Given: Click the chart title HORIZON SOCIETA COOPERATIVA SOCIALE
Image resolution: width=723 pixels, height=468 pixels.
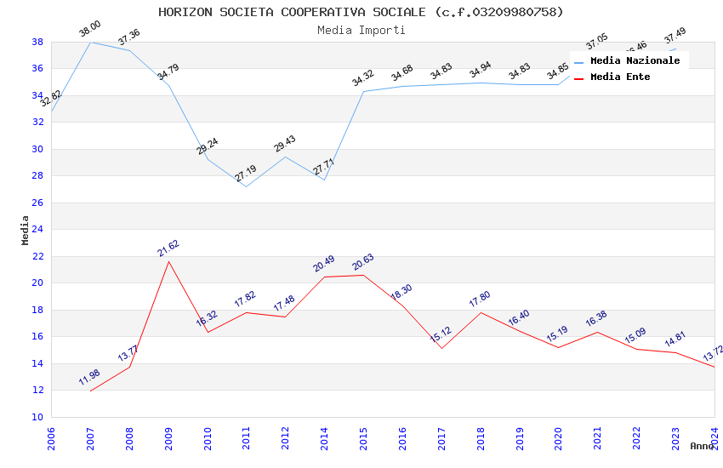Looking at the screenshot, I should pyautogui.click(x=361, y=12).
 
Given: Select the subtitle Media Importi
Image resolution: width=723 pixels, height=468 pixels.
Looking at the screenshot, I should pyautogui.click(x=361, y=30).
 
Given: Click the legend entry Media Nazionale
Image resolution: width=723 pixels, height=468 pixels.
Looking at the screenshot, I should pyautogui.click(x=635, y=60).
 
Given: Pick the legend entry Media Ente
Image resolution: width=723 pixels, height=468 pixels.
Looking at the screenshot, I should pyautogui.click(x=619, y=77).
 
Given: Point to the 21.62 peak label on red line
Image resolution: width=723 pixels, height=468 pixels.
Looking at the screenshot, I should pyautogui.click(x=168, y=248).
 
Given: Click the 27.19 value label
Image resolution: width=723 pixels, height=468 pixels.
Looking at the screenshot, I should pyautogui.click(x=246, y=174).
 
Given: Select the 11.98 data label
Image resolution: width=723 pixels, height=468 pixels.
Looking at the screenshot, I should pyautogui.click(x=89, y=378).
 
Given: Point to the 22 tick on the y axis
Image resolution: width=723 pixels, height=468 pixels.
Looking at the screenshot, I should pyautogui.click(x=37, y=256).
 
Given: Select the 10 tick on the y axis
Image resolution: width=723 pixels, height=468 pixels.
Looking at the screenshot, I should pyautogui.click(x=37, y=417).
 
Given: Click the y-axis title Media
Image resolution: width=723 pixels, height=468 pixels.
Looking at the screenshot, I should pyautogui.click(x=26, y=230).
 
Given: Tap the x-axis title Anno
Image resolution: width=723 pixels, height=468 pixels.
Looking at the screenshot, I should pyautogui.click(x=702, y=446).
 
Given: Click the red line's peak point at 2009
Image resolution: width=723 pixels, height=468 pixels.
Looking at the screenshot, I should pyautogui.click(x=168, y=261).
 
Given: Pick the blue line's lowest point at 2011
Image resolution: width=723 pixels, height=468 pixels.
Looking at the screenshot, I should pyautogui.click(x=247, y=186).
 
